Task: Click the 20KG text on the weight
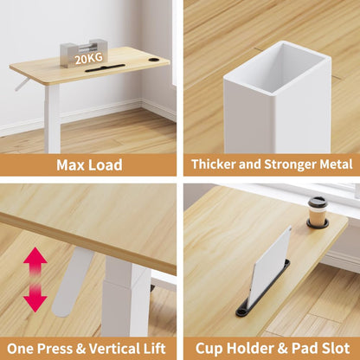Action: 89,59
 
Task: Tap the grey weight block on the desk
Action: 84,54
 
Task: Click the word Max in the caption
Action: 71,165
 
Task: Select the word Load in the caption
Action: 106,165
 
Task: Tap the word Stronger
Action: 291,164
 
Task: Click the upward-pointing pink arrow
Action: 35,261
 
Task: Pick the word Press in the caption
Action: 55,348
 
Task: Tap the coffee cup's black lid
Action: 318,202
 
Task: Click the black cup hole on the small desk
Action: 153,60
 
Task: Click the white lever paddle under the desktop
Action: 70,281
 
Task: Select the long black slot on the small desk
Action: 106,68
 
